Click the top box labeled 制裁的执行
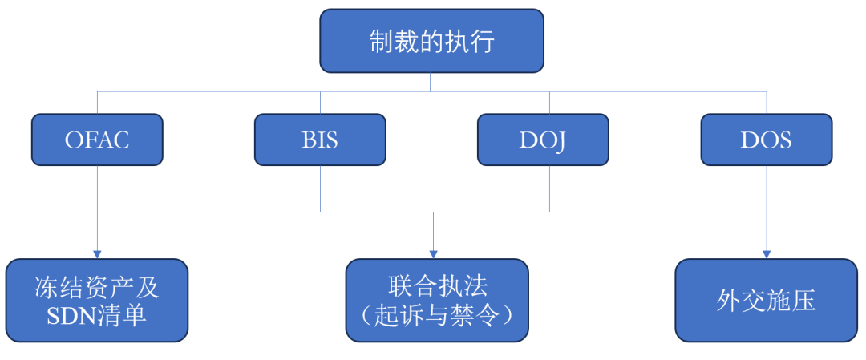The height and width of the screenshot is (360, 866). tap(431, 41)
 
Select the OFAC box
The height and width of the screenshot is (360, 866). tap(97, 140)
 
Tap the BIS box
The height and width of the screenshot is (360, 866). tap(320, 140)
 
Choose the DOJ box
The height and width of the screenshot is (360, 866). tap(543, 140)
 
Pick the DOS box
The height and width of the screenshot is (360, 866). tap(766, 140)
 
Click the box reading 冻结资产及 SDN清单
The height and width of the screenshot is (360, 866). tap(96, 301)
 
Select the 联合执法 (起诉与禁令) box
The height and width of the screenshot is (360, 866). tap(437, 301)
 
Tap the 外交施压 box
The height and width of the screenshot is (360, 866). tap(766, 301)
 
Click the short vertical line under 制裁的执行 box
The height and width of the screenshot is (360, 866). tap(431, 82)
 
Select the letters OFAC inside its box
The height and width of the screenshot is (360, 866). tap(97, 140)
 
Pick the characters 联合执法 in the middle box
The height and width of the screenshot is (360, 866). tap(437, 286)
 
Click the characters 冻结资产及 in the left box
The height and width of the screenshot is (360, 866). tap(96, 287)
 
